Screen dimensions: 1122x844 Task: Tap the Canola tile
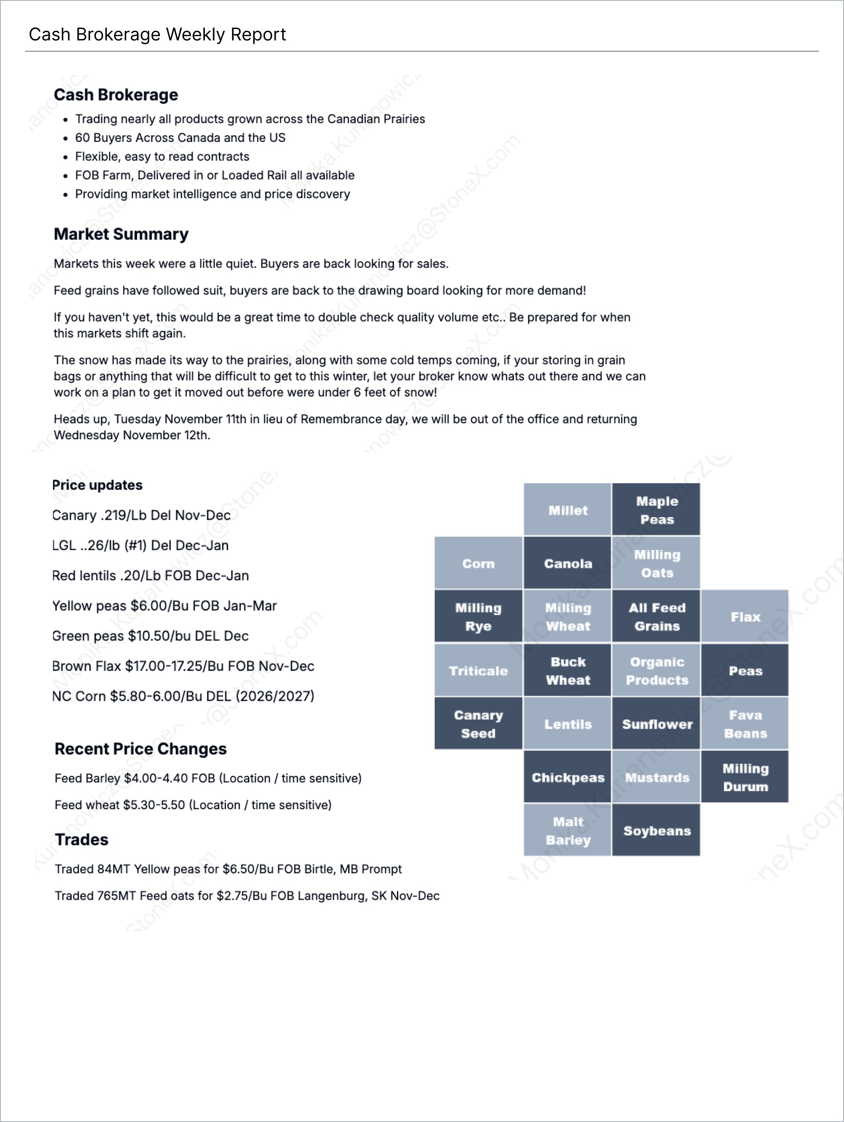(x=568, y=563)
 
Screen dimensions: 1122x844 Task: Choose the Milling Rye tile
(x=478, y=616)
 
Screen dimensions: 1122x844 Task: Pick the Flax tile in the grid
(x=745, y=616)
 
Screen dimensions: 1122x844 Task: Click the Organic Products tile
(x=656, y=670)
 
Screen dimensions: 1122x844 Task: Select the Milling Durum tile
(x=745, y=777)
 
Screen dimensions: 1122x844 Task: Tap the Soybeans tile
(x=656, y=830)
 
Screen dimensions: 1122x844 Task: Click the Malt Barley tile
(x=568, y=830)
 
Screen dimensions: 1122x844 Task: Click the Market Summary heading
(x=121, y=234)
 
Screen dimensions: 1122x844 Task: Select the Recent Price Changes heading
(x=141, y=748)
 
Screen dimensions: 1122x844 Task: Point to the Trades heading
(x=82, y=839)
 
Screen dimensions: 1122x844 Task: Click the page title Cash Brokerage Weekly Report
(x=157, y=35)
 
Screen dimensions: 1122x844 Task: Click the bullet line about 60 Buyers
(x=180, y=138)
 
